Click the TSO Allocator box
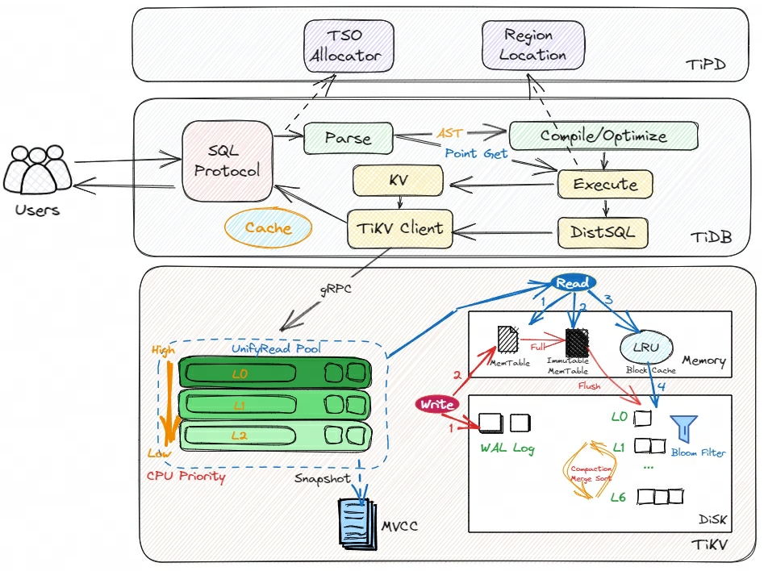click(349, 46)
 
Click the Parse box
click(348, 138)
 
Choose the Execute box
click(604, 184)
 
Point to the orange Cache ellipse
click(268, 228)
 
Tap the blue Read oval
click(574, 283)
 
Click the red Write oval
click(438, 404)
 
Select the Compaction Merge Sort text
click(592, 473)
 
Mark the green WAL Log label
click(507, 448)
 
